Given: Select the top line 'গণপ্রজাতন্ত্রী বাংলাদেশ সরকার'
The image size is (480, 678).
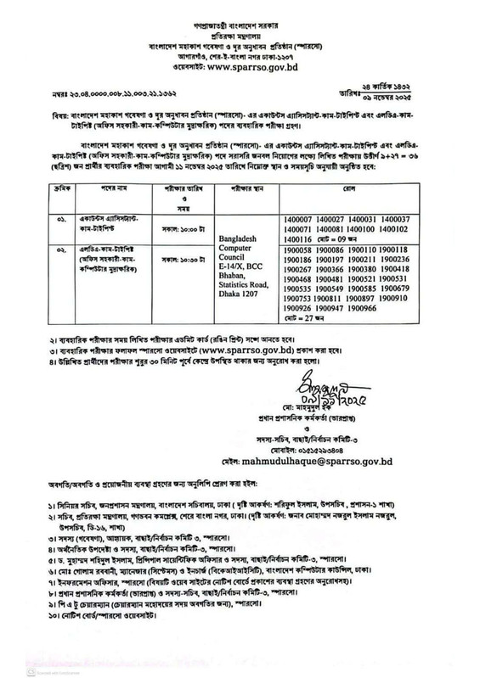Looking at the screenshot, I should tap(240, 14).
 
